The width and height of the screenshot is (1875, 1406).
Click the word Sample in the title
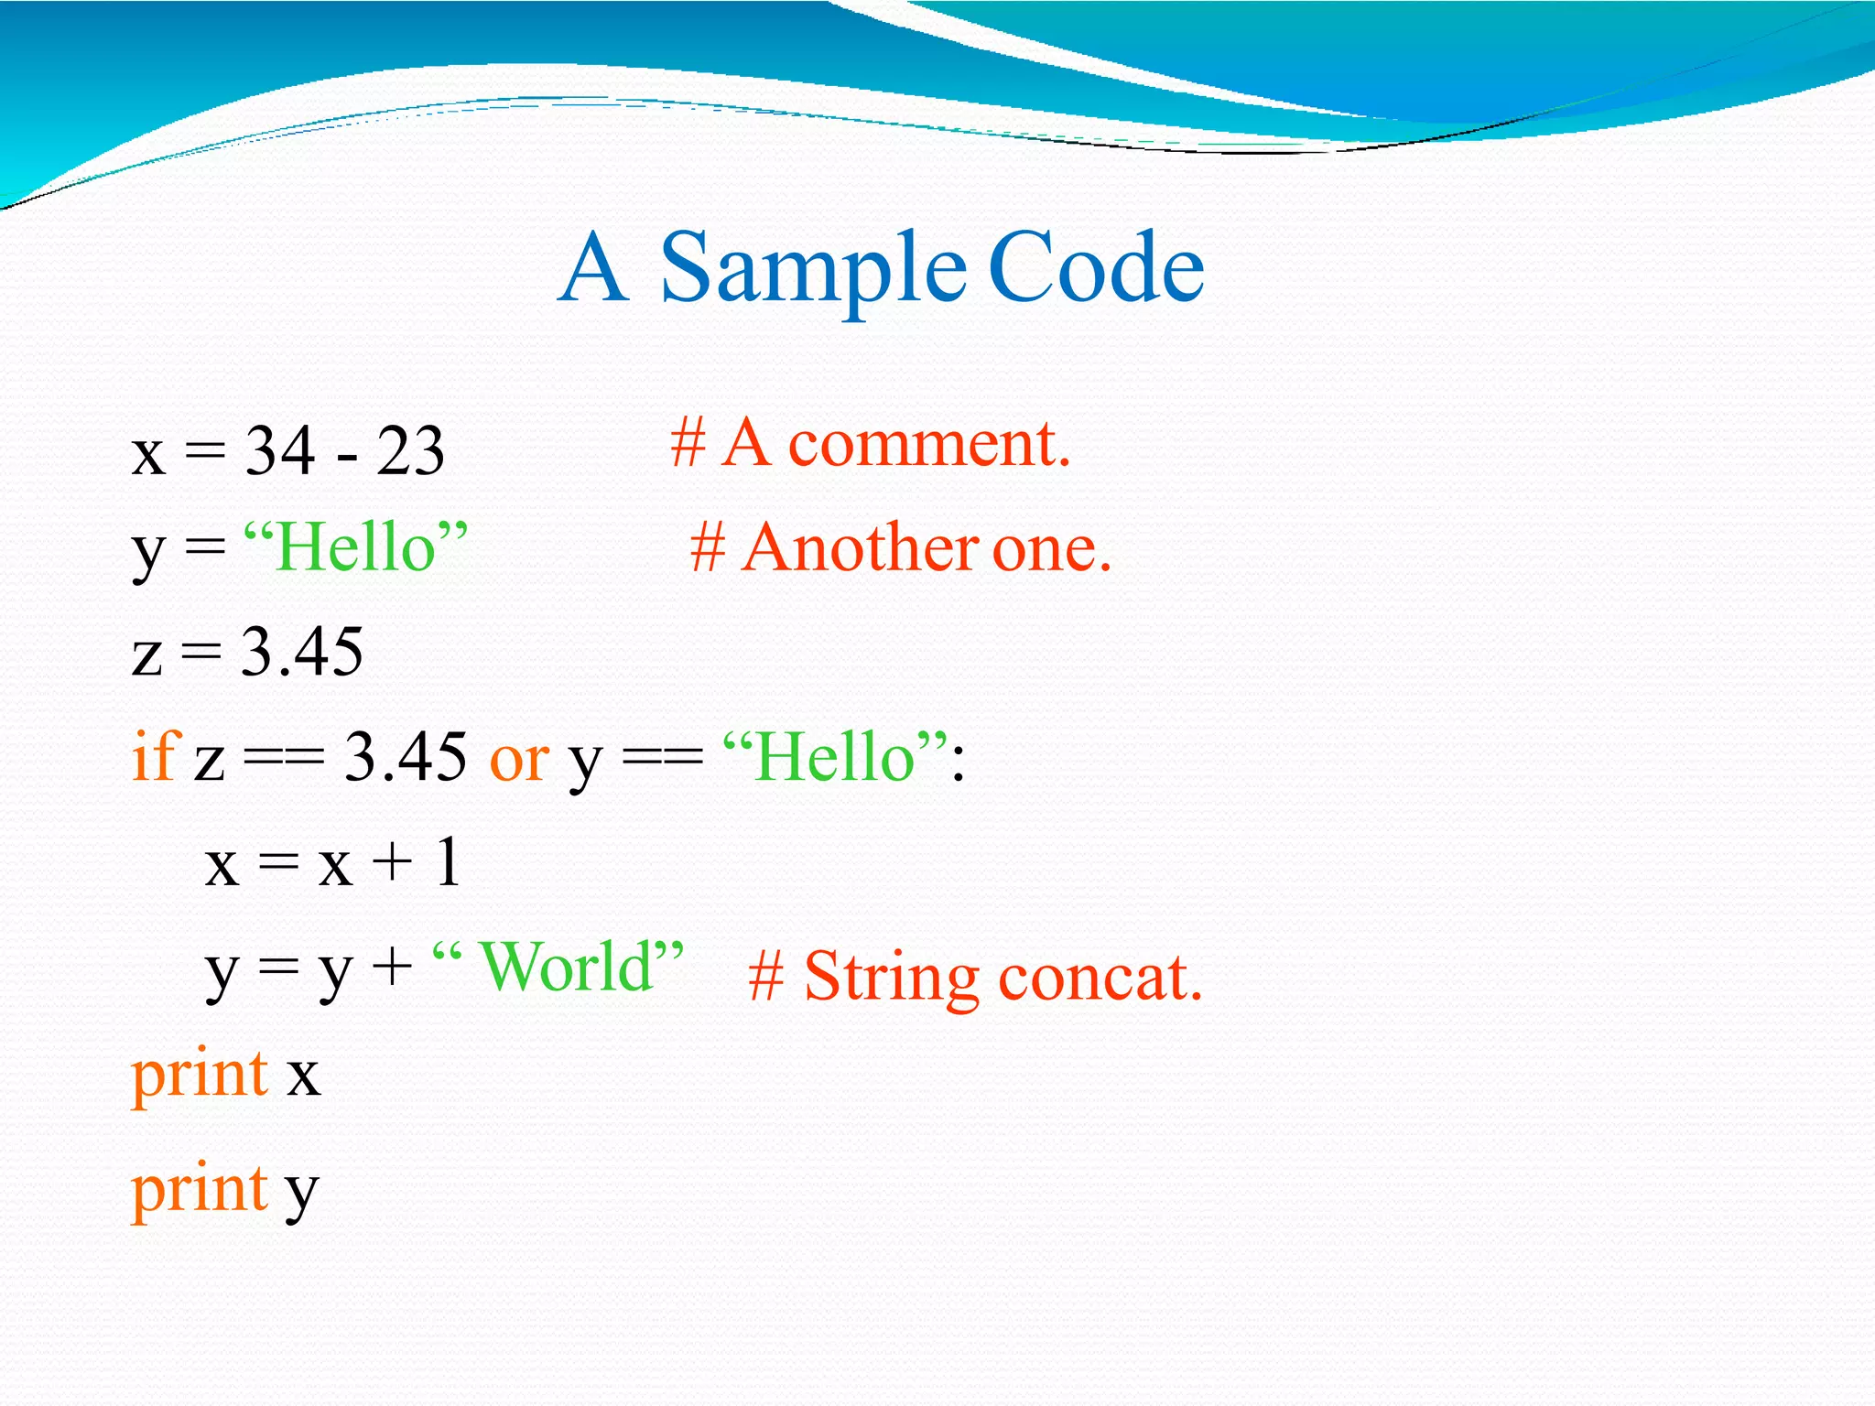[x=813, y=268]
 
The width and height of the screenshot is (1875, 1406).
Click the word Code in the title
[x=1097, y=268]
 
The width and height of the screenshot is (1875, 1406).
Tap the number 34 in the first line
[x=280, y=451]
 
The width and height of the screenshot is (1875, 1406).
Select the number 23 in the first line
[x=410, y=451]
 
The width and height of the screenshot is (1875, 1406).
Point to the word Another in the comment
[x=860, y=548]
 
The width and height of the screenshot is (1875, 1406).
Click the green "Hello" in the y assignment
[x=355, y=548]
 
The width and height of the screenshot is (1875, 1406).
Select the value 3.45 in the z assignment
[x=302, y=653]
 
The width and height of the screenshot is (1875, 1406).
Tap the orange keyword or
[x=519, y=760]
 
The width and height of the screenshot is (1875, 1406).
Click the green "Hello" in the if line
[x=835, y=758]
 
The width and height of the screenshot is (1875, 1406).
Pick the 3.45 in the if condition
[x=405, y=758]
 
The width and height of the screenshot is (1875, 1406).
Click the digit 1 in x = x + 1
[x=448, y=862]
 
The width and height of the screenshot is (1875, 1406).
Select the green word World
[x=566, y=967]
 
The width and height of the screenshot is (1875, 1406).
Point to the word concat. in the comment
[x=1100, y=979]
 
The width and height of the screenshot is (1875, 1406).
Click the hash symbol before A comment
[x=688, y=444]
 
